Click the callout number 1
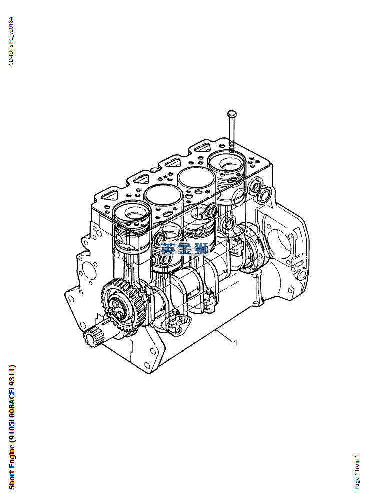235,342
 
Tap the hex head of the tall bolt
232,114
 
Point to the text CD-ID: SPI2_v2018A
11,41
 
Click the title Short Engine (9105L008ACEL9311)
12,427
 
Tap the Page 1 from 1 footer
357,472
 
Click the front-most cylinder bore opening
132,213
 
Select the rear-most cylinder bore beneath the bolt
227,163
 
